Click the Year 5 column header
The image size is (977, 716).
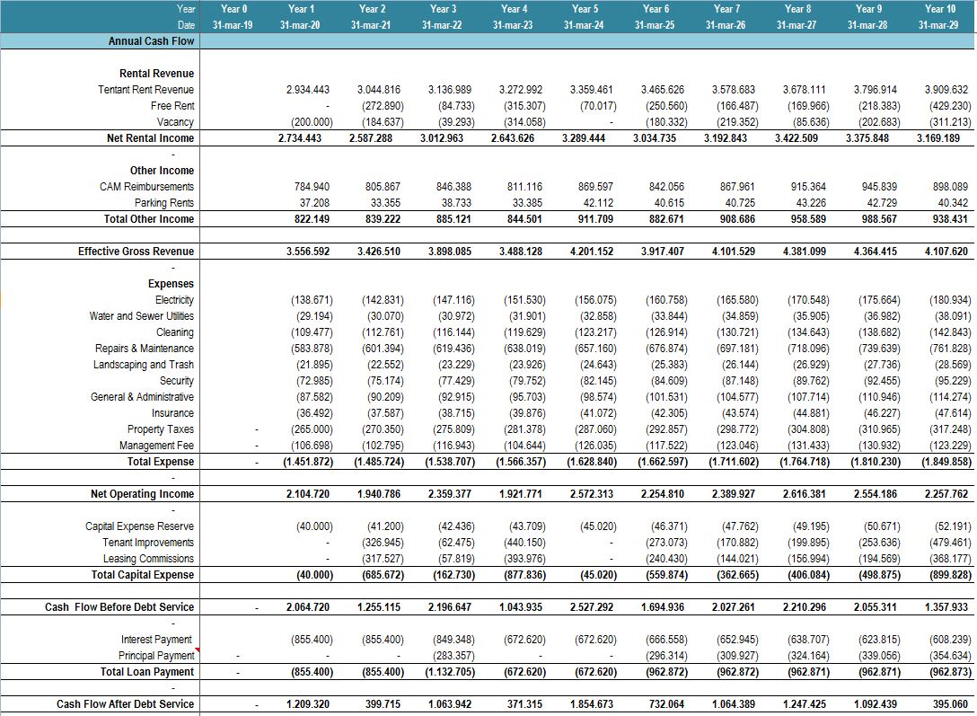(x=585, y=9)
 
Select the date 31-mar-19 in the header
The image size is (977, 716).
(x=233, y=25)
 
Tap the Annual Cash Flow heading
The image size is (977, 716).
(x=152, y=41)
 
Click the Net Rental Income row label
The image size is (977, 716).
(x=150, y=138)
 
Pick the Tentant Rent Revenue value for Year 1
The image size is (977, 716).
(x=308, y=90)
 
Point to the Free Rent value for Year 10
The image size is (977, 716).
(x=949, y=106)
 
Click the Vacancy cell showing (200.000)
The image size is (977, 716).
(x=312, y=122)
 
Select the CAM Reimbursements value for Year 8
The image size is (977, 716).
(x=808, y=187)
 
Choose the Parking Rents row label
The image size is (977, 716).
(x=163, y=203)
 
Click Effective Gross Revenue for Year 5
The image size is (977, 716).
(x=591, y=252)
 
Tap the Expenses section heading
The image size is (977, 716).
(x=171, y=284)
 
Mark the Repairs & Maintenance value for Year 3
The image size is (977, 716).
(x=453, y=349)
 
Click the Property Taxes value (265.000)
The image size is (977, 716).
(x=312, y=430)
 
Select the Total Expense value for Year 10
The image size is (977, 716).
(x=946, y=463)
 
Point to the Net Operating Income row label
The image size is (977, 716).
(x=142, y=494)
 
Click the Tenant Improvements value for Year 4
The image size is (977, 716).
(x=524, y=543)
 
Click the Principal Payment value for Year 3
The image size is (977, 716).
(x=453, y=656)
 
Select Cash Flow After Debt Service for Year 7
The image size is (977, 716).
(x=734, y=705)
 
